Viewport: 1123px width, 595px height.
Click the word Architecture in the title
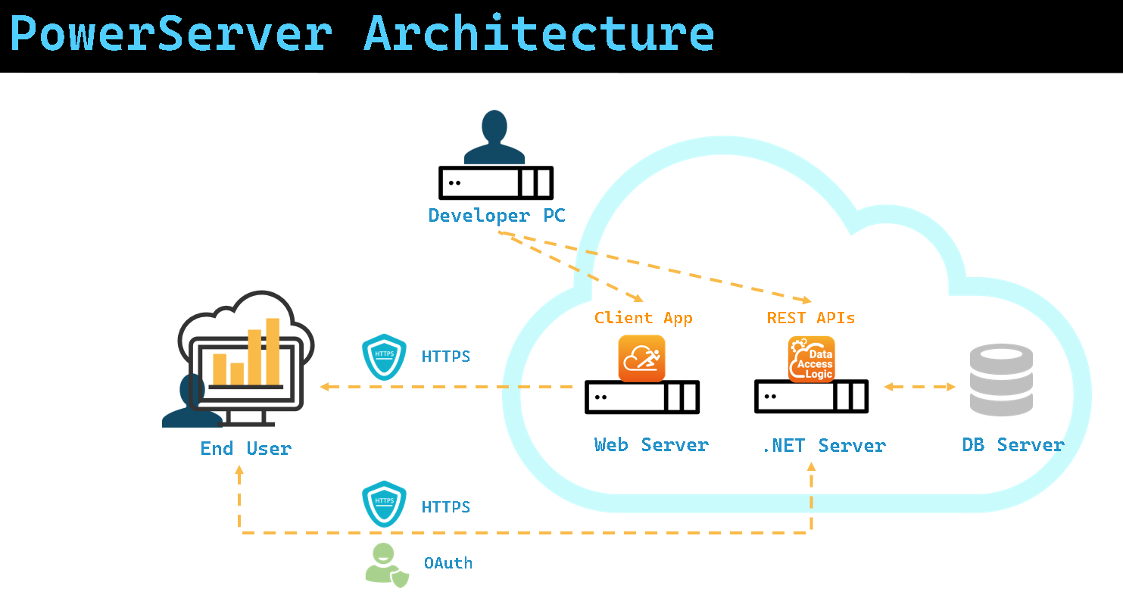(x=539, y=34)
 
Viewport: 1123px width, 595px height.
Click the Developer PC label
(x=497, y=216)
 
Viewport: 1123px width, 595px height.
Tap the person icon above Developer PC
(x=494, y=138)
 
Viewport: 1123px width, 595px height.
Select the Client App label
(x=643, y=318)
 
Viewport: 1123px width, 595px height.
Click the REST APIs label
(x=810, y=318)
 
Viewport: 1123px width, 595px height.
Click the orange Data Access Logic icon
(x=811, y=359)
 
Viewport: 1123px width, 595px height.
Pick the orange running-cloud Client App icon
(x=641, y=358)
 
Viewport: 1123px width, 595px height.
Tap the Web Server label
(x=651, y=445)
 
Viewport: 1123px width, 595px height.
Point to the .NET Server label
(x=823, y=445)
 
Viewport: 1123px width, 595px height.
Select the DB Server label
(x=1013, y=445)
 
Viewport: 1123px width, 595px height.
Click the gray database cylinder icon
(x=1001, y=380)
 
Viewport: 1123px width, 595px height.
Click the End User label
(x=245, y=449)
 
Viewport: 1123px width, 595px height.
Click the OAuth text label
(x=448, y=563)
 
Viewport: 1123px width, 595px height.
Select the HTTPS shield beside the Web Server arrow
(x=384, y=356)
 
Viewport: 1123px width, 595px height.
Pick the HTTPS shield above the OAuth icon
(x=384, y=503)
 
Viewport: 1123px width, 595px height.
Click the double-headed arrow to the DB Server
(x=919, y=387)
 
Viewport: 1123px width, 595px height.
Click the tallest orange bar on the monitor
(x=273, y=350)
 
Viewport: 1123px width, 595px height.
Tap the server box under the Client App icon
(x=641, y=397)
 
